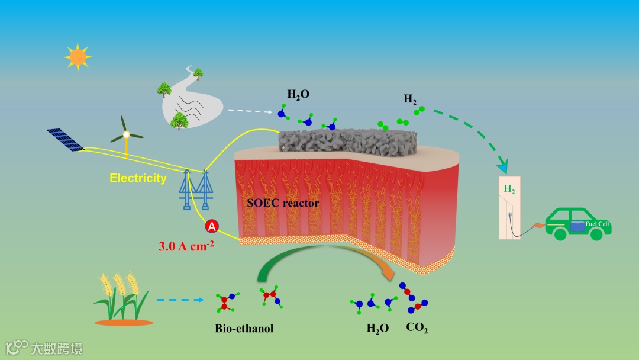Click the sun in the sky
point(78,57)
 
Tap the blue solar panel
point(66,140)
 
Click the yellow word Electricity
point(138,178)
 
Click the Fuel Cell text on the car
point(598,224)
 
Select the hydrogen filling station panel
point(510,208)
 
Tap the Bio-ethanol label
point(244,328)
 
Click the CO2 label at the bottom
point(417,327)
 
